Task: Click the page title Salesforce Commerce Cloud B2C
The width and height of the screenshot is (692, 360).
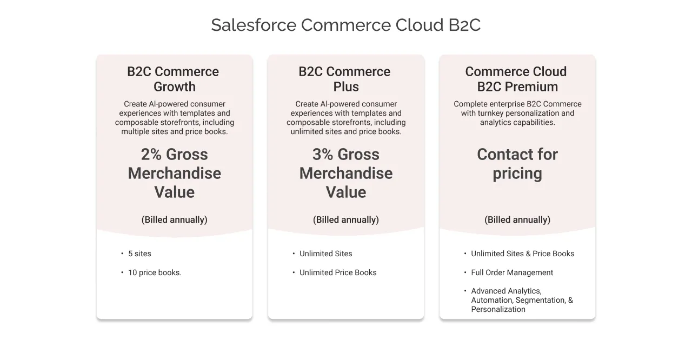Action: pyautogui.click(x=345, y=25)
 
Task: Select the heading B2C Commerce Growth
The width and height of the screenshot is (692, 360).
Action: pyautogui.click(x=174, y=79)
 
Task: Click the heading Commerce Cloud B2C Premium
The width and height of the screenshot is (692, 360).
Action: pyautogui.click(x=517, y=79)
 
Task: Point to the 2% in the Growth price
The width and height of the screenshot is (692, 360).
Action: pyautogui.click(x=151, y=155)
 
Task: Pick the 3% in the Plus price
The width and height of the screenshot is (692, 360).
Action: pyautogui.click(x=323, y=155)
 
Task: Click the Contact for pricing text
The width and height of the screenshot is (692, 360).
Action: pyautogui.click(x=517, y=164)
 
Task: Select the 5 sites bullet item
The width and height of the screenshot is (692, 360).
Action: pyautogui.click(x=139, y=254)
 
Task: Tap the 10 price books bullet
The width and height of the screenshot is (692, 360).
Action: pyautogui.click(x=155, y=272)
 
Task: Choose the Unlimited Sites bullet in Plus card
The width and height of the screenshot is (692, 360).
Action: pyautogui.click(x=325, y=254)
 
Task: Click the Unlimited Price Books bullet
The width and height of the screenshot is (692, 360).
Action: pyautogui.click(x=338, y=272)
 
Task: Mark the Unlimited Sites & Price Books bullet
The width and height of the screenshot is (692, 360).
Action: pyautogui.click(x=522, y=254)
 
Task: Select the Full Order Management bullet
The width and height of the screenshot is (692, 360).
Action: pyautogui.click(x=512, y=272)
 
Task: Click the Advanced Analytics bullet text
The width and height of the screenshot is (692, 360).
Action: pyautogui.click(x=506, y=291)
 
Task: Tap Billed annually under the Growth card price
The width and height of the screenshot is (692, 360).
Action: pyautogui.click(x=174, y=219)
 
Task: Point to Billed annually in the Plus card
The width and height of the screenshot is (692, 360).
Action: pyautogui.click(x=345, y=219)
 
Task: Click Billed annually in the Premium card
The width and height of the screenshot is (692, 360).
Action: pyautogui.click(x=517, y=219)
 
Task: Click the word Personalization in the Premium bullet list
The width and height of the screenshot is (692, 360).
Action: pyautogui.click(x=498, y=309)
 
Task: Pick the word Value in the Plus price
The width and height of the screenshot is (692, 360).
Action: pyautogui.click(x=345, y=192)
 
